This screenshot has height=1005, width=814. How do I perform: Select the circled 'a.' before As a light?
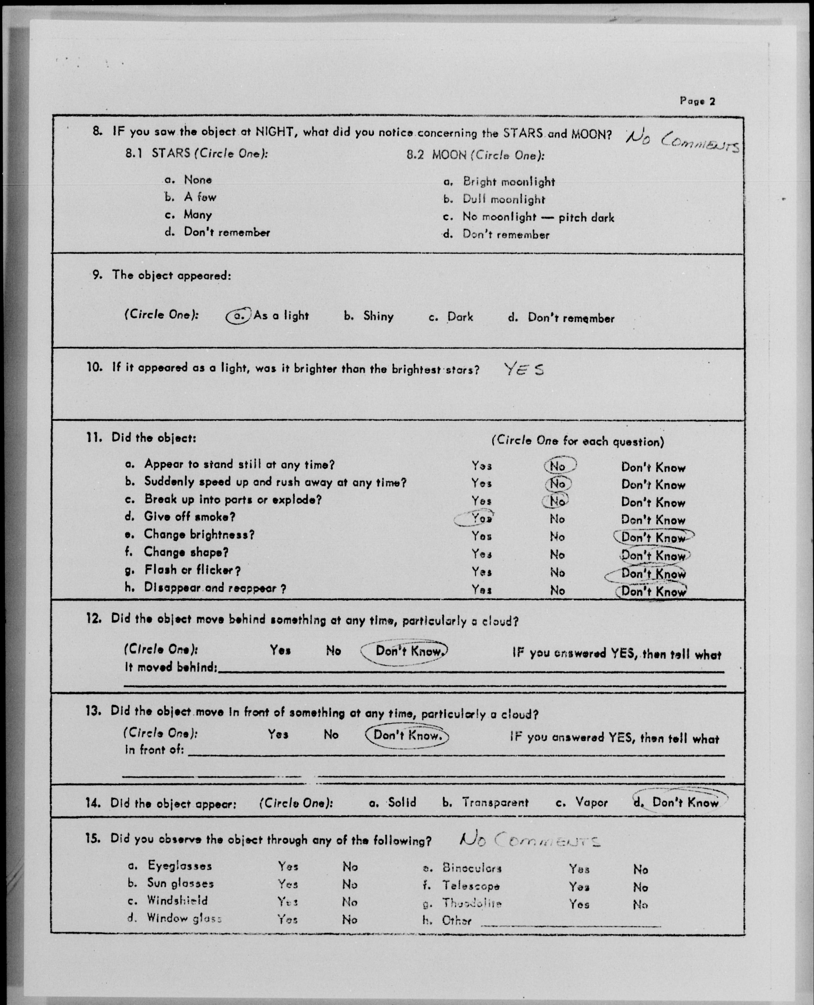239,316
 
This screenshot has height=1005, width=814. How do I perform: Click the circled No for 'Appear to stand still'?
559,466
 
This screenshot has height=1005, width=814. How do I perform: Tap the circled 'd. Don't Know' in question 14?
680,802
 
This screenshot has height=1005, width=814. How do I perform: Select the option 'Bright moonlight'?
509,182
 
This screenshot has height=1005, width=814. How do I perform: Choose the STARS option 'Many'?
198,215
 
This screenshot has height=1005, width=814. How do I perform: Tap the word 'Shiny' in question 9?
378,316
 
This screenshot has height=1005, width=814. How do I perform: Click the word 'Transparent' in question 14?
495,802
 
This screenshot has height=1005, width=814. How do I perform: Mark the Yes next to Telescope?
579,887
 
